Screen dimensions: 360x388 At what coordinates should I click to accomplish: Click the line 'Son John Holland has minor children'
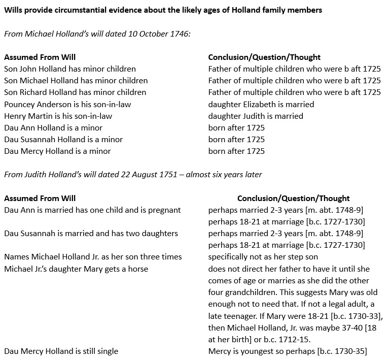coord(70,69)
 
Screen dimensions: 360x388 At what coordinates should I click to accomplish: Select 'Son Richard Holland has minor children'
coord(75,92)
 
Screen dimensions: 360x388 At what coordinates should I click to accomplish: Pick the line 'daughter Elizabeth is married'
coord(261,104)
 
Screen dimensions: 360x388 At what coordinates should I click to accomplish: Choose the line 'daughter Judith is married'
coord(256,116)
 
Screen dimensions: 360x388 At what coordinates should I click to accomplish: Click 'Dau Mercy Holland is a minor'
coord(57,151)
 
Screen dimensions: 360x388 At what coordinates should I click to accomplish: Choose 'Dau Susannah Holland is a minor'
coord(63,139)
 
